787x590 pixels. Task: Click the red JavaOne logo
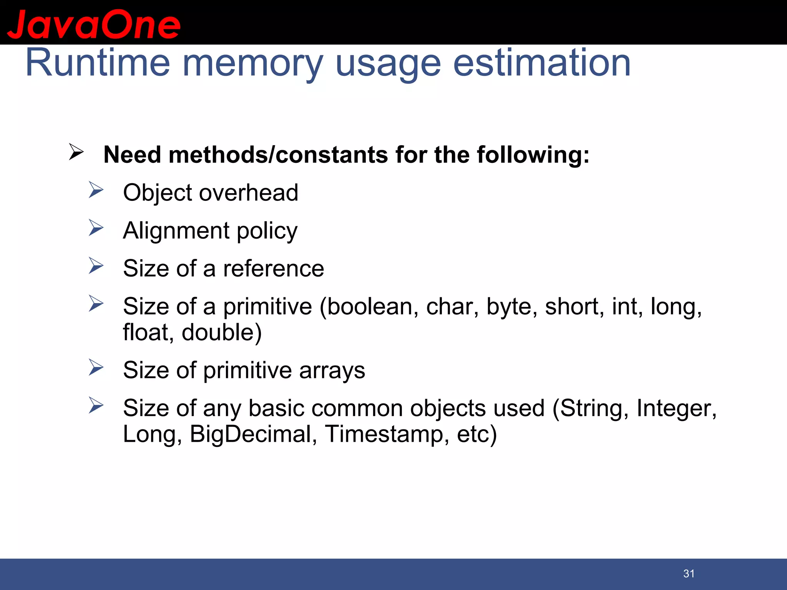93,24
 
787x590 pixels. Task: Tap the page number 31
689,574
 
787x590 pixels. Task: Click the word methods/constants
278,155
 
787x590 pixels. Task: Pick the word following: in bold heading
533,155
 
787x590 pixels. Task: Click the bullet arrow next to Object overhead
96,190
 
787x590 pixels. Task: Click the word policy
267,231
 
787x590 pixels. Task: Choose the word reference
274,268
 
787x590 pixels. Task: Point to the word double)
222,332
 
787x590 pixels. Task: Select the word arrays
332,371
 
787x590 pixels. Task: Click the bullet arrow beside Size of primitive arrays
96,368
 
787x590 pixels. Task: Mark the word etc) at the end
477,434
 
